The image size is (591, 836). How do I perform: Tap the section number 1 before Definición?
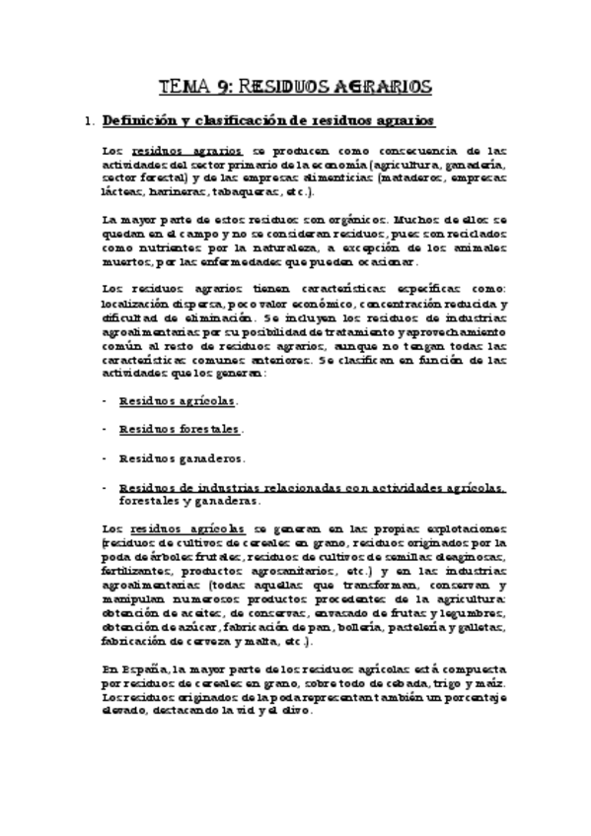[x=90, y=121]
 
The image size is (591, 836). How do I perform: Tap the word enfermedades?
[x=227, y=263]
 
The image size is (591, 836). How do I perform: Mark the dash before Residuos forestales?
[x=106, y=430]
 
